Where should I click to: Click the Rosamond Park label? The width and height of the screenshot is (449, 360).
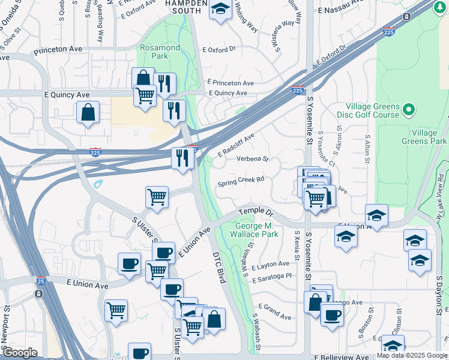pos(159,52)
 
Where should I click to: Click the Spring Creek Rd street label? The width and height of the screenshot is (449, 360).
pos(241,180)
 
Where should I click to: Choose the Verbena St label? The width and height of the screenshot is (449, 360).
pos(252,160)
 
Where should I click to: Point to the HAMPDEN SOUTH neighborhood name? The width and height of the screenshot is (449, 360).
pos(183,6)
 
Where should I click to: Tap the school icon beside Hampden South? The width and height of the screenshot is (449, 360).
pos(221,9)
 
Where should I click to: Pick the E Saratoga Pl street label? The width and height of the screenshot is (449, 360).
pos(272,277)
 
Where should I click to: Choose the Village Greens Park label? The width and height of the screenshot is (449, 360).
pos(429,137)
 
